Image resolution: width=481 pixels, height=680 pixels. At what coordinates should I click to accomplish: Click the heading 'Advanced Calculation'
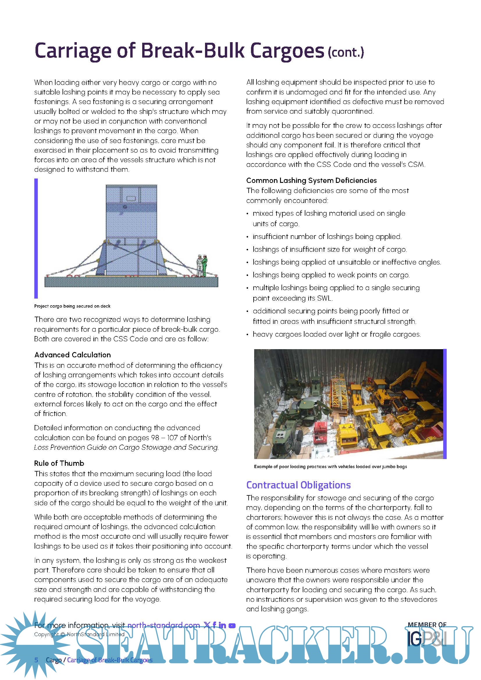[x=73, y=355]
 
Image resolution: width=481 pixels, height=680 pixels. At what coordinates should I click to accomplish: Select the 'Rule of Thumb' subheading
[x=59, y=463]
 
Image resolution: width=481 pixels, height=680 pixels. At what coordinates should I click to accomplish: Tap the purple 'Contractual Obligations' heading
[x=298, y=485]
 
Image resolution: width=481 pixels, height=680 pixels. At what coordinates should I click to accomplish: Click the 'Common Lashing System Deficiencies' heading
[x=311, y=180]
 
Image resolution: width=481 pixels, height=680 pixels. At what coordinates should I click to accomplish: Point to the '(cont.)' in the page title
[x=346, y=52]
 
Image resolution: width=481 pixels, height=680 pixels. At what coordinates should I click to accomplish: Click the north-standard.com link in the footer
[x=163, y=625]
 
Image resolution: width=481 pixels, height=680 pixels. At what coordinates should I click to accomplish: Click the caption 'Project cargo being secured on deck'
[x=72, y=306]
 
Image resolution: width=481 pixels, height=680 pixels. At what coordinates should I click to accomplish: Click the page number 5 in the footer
[x=36, y=660]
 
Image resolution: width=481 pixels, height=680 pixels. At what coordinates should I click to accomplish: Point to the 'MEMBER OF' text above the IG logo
[x=427, y=624]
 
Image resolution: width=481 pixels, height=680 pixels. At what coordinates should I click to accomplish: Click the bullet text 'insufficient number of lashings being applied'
[x=327, y=237]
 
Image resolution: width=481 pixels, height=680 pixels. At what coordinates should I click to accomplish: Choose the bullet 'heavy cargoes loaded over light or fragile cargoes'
[x=336, y=334]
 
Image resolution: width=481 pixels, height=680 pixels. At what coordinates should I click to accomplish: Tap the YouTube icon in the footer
[x=232, y=626]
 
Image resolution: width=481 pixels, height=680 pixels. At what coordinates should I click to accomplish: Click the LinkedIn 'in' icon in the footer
[x=222, y=625]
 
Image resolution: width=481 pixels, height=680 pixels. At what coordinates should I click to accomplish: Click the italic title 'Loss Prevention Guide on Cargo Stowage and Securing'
[x=126, y=447]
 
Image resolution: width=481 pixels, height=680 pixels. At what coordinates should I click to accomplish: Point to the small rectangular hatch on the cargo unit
[x=131, y=198]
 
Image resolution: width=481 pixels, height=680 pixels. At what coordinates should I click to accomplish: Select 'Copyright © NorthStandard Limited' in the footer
[x=79, y=634]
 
